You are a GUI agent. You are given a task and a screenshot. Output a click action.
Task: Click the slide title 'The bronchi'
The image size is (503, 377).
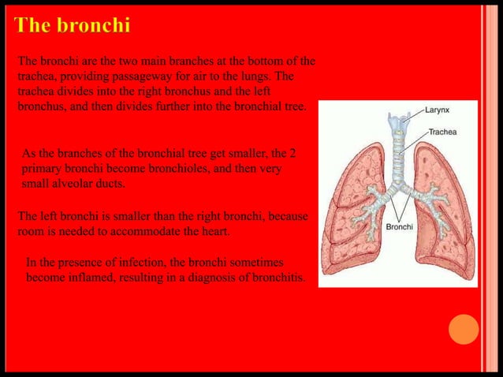click(72, 25)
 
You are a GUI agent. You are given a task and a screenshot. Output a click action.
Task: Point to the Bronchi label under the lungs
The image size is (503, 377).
click(399, 226)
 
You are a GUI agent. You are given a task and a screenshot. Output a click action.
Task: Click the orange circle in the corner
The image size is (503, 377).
click(464, 329)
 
